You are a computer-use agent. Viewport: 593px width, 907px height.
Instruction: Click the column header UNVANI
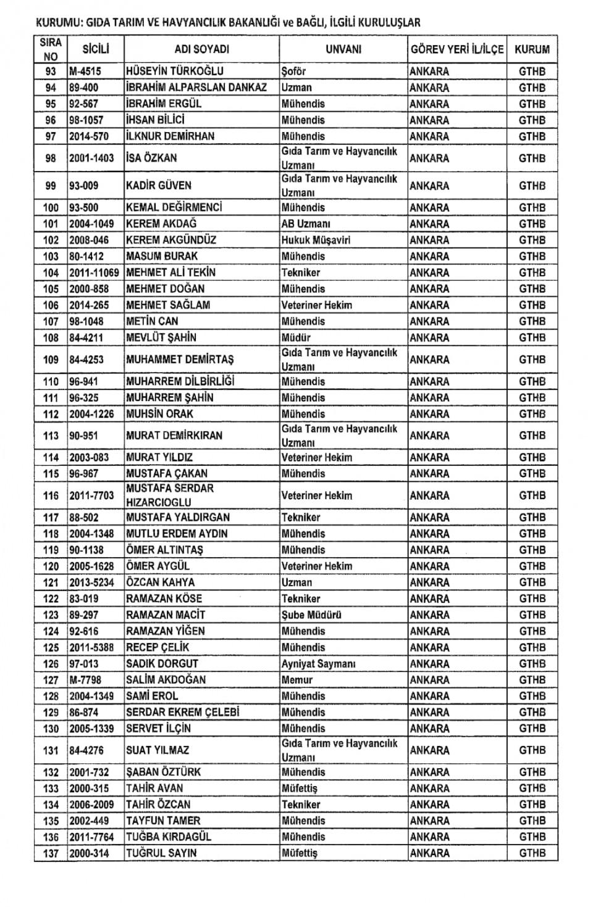pyautogui.click(x=343, y=50)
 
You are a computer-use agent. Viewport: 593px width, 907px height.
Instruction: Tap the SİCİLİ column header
pyautogui.click(x=96, y=49)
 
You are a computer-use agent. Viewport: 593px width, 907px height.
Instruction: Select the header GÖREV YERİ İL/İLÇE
pyautogui.click(x=456, y=50)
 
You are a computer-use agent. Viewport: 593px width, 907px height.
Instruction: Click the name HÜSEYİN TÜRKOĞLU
pyautogui.click(x=175, y=71)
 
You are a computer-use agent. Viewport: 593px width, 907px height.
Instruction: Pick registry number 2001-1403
pyautogui.click(x=91, y=158)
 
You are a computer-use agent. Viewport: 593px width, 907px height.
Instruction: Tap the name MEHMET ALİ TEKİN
pyautogui.click(x=170, y=272)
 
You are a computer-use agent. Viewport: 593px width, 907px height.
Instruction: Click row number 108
pyautogui.click(x=51, y=338)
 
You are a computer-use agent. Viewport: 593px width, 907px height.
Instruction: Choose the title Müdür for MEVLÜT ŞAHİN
pyautogui.click(x=296, y=338)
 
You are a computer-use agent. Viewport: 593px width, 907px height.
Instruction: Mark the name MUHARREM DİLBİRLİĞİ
pyautogui.click(x=180, y=381)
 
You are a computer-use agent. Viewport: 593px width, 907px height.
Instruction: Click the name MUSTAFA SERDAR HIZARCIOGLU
pyautogui.click(x=170, y=495)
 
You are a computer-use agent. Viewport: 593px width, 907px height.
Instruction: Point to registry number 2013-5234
pyautogui.click(x=91, y=582)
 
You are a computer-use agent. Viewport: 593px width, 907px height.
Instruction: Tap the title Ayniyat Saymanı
pyautogui.click(x=319, y=663)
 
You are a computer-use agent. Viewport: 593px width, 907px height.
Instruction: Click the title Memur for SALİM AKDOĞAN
pyautogui.click(x=297, y=679)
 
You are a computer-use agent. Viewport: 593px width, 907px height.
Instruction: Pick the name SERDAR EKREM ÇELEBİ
pyautogui.click(x=182, y=712)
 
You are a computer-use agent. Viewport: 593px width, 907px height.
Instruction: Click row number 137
pyautogui.click(x=51, y=853)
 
